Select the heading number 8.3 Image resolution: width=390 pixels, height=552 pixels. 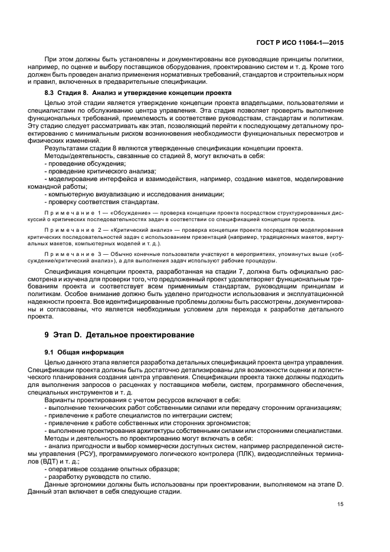pyautogui.click(x=50, y=93)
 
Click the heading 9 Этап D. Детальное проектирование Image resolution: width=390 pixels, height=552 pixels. pyautogui.click(x=119, y=334)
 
